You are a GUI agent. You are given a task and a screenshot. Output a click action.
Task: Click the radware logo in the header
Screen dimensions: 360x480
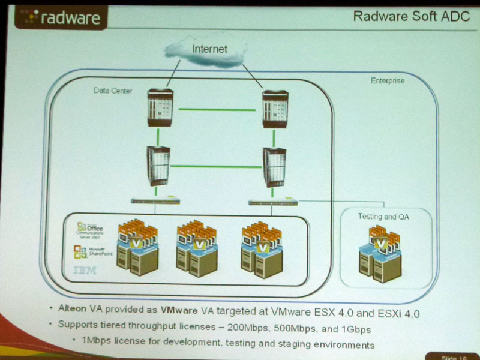point(58,18)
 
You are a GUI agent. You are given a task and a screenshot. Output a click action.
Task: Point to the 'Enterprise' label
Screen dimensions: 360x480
point(388,80)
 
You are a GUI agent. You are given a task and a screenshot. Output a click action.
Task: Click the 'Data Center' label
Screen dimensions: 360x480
point(112,91)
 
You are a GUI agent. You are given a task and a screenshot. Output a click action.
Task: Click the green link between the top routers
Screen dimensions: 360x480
point(217,109)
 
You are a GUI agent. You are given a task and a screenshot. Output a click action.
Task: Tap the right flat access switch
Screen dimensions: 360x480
point(274,202)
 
